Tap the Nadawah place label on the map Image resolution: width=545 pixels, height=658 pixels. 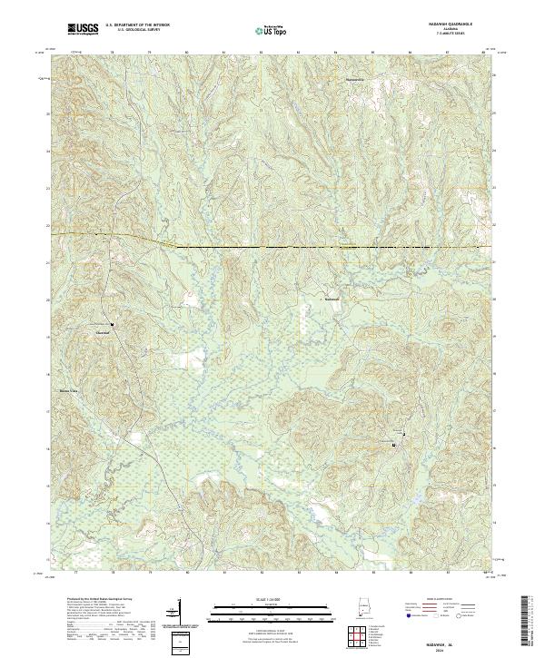tap(332, 298)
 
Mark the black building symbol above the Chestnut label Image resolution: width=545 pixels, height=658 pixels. tap(112, 325)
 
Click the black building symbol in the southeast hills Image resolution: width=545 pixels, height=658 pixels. tap(393, 445)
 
